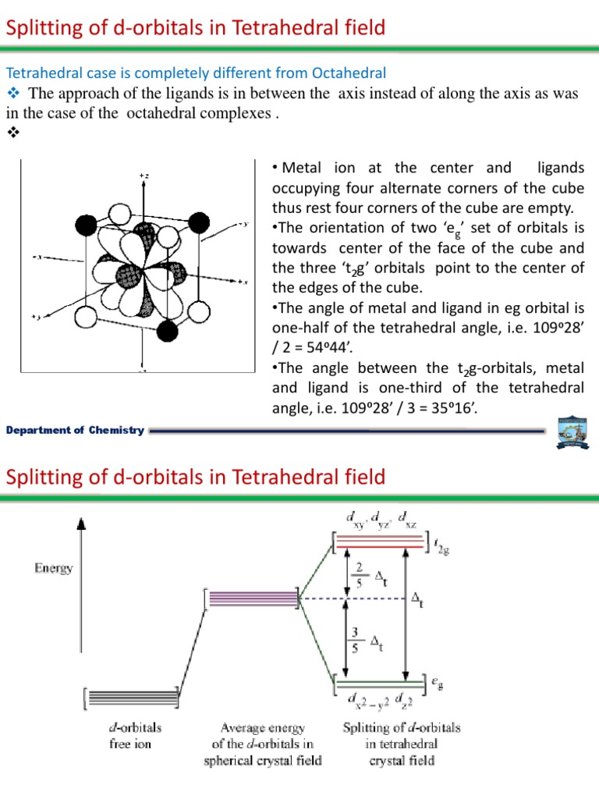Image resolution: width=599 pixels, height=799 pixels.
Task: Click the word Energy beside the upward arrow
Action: click(x=53, y=568)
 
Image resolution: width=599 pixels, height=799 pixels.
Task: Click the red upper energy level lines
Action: click(x=377, y=541)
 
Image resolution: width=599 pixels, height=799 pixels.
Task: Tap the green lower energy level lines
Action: click(x=377, y=683)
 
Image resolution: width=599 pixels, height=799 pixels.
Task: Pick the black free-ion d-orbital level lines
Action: click(x=131, y=697)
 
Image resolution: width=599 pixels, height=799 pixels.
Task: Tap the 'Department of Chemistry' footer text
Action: click(x=75, y=431)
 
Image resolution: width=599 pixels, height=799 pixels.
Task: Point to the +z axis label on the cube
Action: click(x=143, y=177)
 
